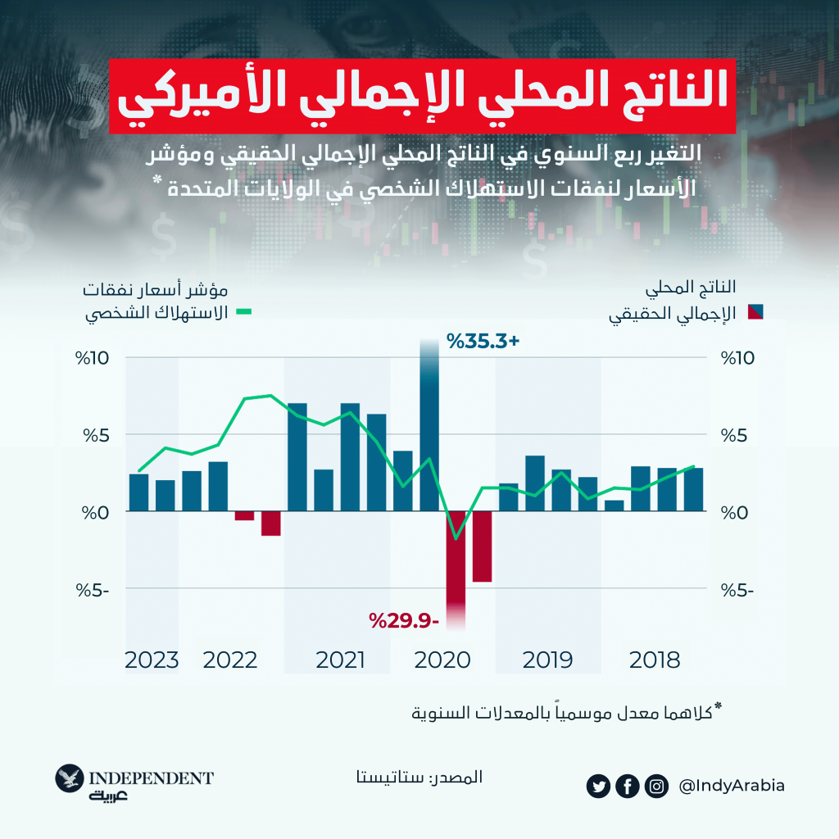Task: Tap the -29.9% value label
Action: click(x=405, y=620)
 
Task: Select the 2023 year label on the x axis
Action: click(x=152, y=660)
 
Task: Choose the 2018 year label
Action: click(x=655, y=660)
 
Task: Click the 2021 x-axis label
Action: click(x=340, y=660)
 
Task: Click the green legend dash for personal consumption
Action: click(x=244, y=312)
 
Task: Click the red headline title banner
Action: click(x=419, y=95)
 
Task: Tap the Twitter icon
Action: click(x=599, y=787)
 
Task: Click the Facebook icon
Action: click(x=627, y=787)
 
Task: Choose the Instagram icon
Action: click(x=655, y=787)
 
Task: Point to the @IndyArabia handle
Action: click(x=732, y=786)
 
